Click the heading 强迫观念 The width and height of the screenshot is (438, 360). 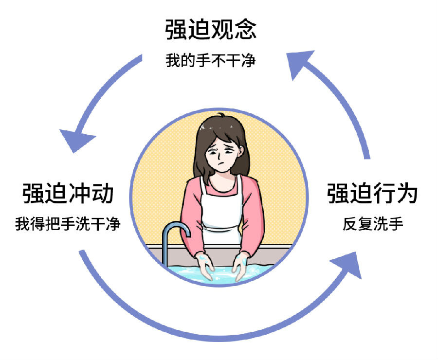click(210, 30)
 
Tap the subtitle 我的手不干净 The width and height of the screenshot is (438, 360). click(210, 61)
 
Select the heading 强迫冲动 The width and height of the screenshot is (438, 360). click(68, 194)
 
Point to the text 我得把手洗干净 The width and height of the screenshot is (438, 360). click(68, 225)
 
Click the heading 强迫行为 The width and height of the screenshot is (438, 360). click(372, 194)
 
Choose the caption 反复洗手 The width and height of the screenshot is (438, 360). click(373, 225)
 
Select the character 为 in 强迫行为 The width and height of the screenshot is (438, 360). click(407, 194)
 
